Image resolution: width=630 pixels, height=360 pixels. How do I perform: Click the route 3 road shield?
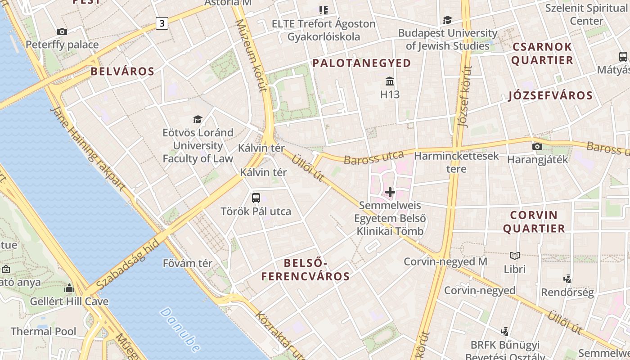click(x=162, y=23)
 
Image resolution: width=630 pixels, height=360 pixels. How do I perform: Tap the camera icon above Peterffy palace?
click(x=62, y=31)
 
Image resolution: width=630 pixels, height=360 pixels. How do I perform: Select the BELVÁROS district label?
click(x=122, y=71)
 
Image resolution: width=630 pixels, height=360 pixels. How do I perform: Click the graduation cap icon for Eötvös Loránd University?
click(x=198, y=119)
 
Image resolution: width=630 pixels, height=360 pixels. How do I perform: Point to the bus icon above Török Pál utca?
click(x=256, y=198)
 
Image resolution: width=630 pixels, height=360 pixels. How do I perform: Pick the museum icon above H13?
click(x=390, y=81)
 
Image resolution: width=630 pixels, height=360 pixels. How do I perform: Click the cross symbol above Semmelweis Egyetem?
click(x=390, y=193)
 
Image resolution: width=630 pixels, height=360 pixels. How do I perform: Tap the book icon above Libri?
click(x=515, y=256)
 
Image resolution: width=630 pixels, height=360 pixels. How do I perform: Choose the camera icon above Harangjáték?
click(x=537, y=146)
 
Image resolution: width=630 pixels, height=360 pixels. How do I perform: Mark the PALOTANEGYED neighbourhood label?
click(x=362, y=63)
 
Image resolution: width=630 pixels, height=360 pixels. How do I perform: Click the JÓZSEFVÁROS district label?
click(x=550, y=95)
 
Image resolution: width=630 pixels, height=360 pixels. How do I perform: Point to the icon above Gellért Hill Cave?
click(x=69, y=288)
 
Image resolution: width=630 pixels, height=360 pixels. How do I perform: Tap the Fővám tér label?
click(x=188, y=263)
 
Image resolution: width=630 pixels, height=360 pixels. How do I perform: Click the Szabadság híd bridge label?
click(x=128, y=265)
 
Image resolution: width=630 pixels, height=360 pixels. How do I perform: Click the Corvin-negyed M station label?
click(x=445, y=261)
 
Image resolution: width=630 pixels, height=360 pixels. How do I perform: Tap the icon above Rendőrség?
click(x=567, y=279)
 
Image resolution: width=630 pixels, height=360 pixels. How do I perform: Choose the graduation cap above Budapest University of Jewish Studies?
click(x=447, y=20)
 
